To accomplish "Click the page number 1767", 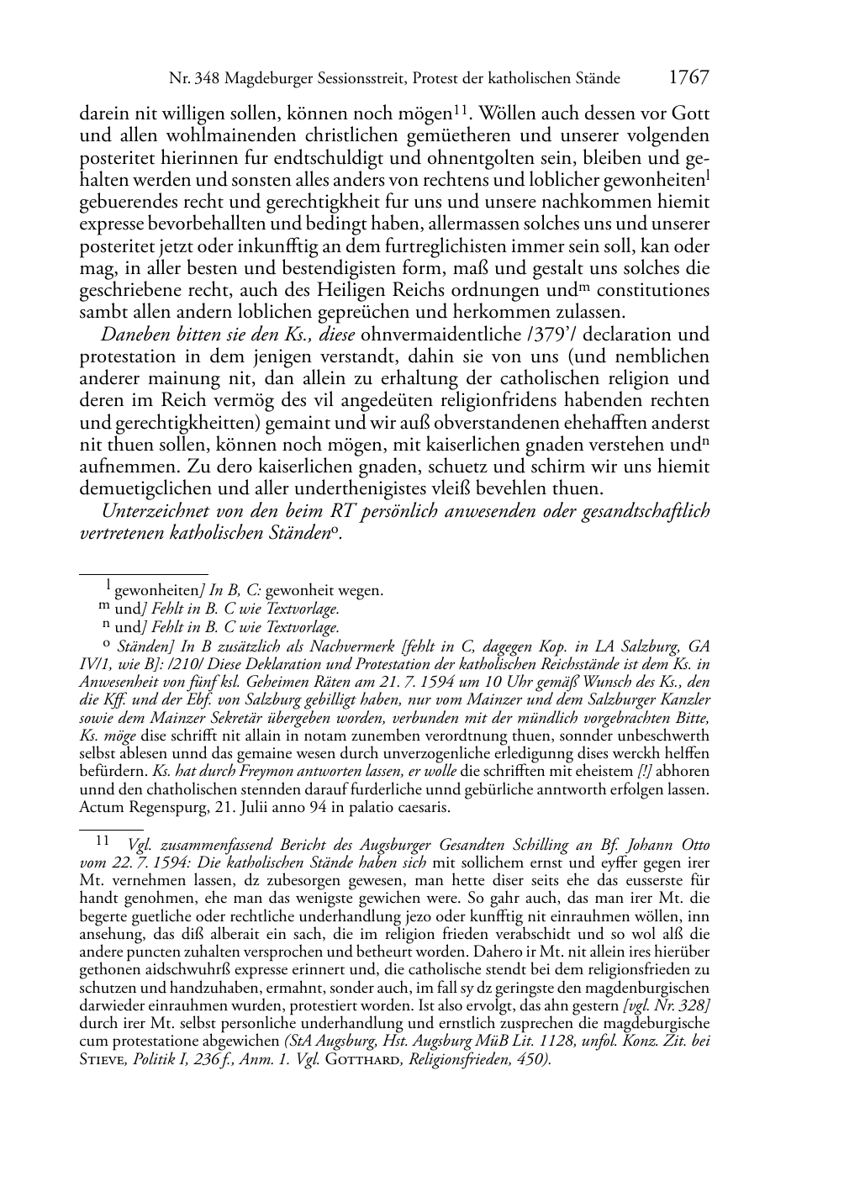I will tap(688, 78).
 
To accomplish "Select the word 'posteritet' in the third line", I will tap(115, 158).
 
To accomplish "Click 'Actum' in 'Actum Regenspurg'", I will tap(101, 808).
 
